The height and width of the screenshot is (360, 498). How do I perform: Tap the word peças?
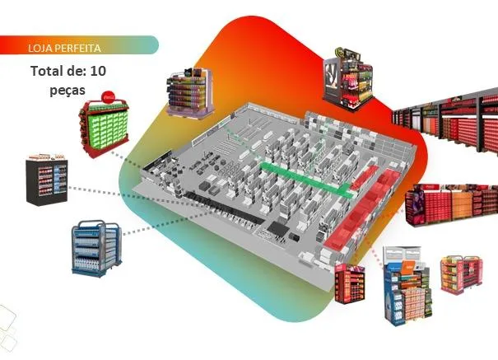pyautogui.click(x=69, y=87)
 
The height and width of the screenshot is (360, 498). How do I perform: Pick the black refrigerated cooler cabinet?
pyautogui.click(x=46, y=179)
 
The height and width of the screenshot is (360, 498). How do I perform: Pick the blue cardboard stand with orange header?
pyautogui.click(x=404, y=283)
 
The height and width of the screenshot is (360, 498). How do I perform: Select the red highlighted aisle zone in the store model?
pyautogui.click(x=362, y=206)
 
